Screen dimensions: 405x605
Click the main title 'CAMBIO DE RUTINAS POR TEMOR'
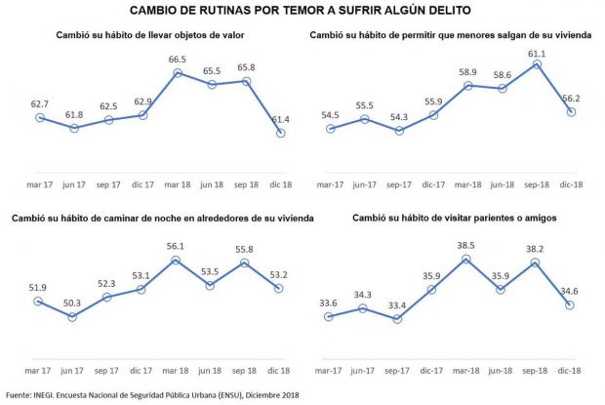302,11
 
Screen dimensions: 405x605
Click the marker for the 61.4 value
281,133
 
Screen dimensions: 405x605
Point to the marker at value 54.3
399,130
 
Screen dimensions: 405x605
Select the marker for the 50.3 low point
74,316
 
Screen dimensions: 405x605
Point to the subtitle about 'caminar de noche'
162,217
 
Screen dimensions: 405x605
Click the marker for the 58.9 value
467,86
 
